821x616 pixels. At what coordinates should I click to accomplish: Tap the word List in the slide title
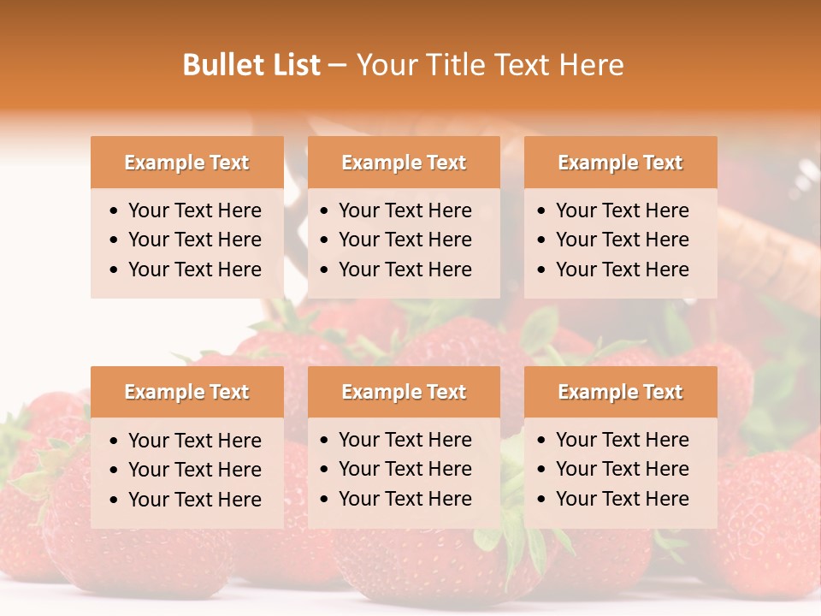(x=292, y=65)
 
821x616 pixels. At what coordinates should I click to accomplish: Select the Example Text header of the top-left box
(x=186, y=163)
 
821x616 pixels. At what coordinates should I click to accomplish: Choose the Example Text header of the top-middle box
(x=404, y=163)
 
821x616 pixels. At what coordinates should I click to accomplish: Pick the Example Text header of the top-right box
(x=620, y=163)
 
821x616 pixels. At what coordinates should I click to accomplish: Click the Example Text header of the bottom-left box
(x=186, y=392)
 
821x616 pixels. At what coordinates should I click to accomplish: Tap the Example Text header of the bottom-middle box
(x=404, y=392)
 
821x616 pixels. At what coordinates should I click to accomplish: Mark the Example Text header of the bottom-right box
(x=620, y=392)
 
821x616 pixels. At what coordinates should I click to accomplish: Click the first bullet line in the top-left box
(x=194, y=210)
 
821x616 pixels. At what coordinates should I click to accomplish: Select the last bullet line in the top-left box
(x=194, y=269)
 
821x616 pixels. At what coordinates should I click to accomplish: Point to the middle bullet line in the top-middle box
(x=405, y=240)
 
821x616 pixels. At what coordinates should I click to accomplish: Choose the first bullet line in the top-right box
(x=622, y=210)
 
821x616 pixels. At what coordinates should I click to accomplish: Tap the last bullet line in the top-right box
(x=622, y=269)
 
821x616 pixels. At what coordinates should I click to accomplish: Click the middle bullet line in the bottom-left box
(x=194, y=470)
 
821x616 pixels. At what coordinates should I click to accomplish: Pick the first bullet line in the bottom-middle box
(x=405, y=440)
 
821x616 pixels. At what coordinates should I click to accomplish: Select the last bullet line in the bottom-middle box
(x=405, y=499)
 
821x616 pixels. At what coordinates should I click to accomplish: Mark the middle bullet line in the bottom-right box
(x=622, y=469)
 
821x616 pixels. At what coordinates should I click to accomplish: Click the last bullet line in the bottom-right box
(x=622, y=499)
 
